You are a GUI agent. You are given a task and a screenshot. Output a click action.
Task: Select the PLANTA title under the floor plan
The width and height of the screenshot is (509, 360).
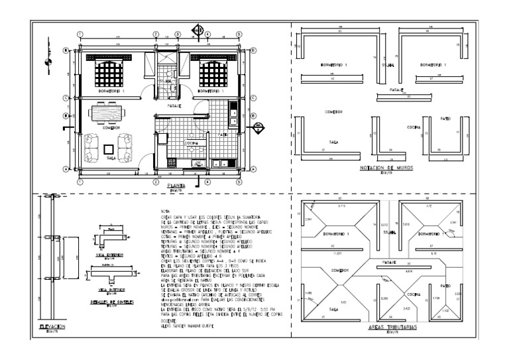[176, 186]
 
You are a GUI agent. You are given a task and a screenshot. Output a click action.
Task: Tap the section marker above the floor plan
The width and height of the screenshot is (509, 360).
[197, 30]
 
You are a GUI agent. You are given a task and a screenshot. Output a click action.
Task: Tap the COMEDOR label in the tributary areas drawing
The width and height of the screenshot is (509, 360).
[341, 270]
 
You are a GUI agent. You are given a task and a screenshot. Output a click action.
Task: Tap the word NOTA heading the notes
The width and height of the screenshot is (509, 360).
[166, 211]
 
